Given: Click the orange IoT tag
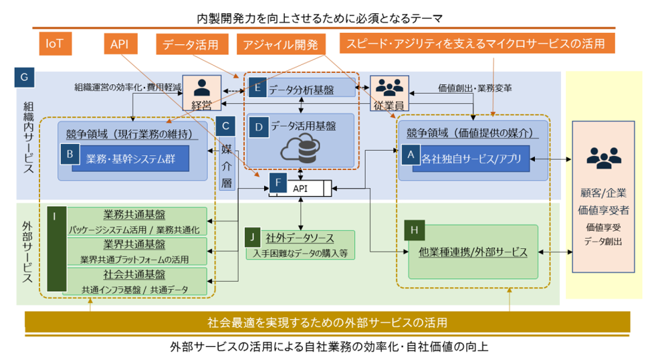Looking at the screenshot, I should click(55, 44).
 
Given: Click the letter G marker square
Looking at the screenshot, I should click(24, 77).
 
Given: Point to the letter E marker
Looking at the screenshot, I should click(257, 87).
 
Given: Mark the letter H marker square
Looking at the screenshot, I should click(415, 230).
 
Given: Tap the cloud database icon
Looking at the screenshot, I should click(299, 149).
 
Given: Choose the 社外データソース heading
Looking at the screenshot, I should click(300, 238).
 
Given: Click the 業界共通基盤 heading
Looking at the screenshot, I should click(134, 244).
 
